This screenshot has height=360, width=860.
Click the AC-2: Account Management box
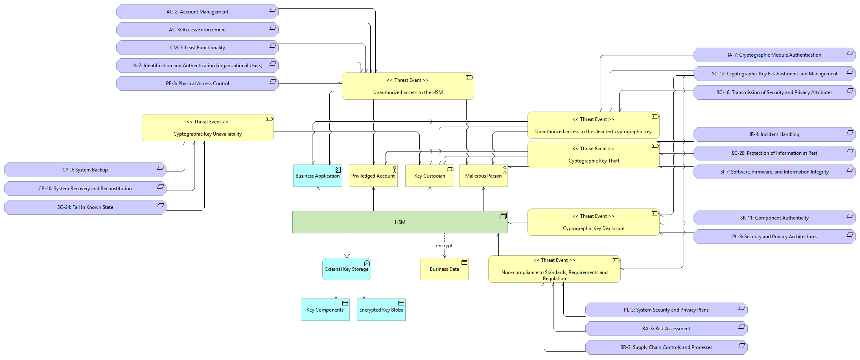click(197, 12)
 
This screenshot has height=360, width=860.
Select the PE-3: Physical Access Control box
click(197, 83)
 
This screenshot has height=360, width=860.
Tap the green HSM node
click(400, 222)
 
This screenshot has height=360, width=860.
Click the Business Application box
click(317, 176)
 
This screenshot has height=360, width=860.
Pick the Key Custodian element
click(429, 176)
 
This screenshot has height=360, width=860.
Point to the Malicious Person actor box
click(483, 176)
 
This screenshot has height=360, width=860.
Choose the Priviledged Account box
click(373, 176)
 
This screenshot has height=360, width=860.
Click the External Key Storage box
click(346, 269)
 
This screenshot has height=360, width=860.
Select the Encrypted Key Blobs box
click(381, 310)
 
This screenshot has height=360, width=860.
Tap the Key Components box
click(325, 310)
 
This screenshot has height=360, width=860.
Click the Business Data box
click(444, 269)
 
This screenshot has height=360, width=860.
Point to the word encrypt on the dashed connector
click(444, 246)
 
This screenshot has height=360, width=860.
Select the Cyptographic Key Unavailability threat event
click(208, 128)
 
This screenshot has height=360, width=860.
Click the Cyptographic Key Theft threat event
click(593, 155)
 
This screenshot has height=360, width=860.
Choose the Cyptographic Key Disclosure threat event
click(593, 222)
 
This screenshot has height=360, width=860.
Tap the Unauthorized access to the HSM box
click(408, 86)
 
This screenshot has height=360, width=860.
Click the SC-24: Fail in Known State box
click(85, 207)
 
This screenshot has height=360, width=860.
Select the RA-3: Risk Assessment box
click(666, 329)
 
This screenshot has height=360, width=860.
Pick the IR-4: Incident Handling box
click(774, 134)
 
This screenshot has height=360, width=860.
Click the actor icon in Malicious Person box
click(505, 169)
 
